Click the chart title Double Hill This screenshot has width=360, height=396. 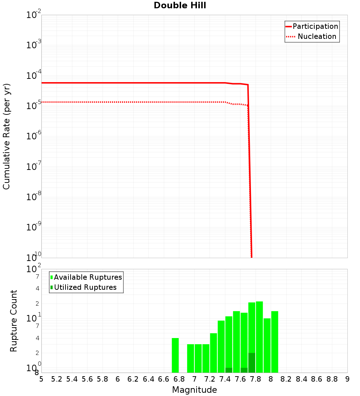[x=180, y=6]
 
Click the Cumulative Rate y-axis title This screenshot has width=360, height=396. [x=6, y=136]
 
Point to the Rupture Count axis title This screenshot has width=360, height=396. [x=14, y=321]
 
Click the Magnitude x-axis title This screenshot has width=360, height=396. [x=194, y=390]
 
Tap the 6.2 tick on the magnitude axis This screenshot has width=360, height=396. [x=133, y=379]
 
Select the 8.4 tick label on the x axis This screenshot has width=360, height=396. [x=301, y=379]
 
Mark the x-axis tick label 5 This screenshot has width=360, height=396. [x=41, y=379]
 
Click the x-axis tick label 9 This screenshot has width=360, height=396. [x=347, y=379]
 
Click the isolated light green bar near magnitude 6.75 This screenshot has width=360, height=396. [x=175, y=355]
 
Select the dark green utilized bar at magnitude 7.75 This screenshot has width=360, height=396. [x=252, y=363]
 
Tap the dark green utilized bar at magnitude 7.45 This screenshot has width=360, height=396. [x=229, y=370]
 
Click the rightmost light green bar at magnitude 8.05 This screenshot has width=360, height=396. [x=275, y=342]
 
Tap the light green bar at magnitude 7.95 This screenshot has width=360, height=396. [x=267, y=345]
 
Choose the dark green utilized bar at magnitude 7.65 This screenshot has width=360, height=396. [x=244, y=370]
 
